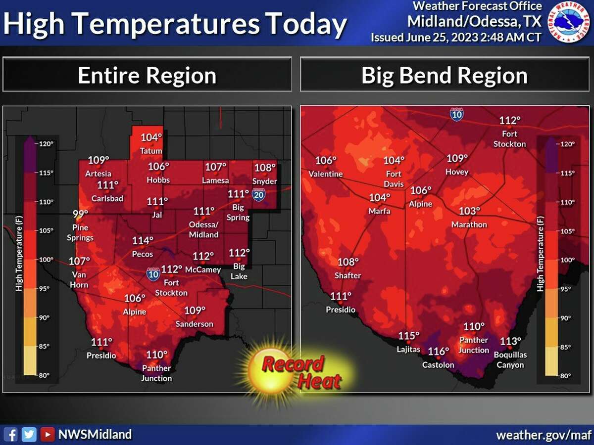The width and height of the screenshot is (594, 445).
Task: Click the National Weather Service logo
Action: (x=569, y=22)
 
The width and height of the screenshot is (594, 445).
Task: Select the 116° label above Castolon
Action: (x=439, y=352)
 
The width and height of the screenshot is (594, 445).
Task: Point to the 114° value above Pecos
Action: (x=143, y=241)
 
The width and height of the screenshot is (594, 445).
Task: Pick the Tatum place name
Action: (x=151, y=151)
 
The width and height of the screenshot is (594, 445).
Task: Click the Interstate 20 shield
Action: (x=258, y=194)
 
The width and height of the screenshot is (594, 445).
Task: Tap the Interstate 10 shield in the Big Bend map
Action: (x=457, y=114)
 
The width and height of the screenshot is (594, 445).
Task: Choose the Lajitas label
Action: (x=409, y=350)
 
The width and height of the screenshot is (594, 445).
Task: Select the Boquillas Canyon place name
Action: (x=510, y=360)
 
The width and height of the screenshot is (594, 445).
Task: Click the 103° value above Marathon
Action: (x=470, y=211)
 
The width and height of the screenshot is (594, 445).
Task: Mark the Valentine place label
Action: (x=325, y=174)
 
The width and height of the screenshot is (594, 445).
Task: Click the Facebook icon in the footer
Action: (x=13, y=435)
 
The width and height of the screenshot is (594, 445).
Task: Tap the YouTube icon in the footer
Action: (x=48, y=435)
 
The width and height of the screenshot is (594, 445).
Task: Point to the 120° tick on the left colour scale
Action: (x=46, y=144)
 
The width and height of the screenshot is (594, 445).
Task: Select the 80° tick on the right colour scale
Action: (x=564, y=376)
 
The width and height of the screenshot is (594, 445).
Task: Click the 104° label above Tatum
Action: (x=151, y=138)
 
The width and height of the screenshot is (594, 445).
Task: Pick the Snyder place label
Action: (x=265, y=181)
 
